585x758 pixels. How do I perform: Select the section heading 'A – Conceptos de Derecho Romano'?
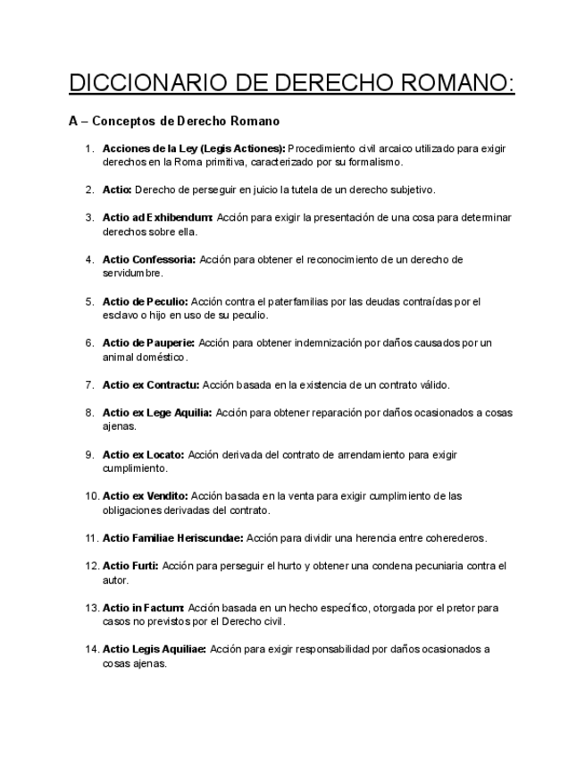174,121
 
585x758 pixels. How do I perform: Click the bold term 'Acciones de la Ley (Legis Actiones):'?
194,148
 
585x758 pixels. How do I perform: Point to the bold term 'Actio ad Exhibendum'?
157,217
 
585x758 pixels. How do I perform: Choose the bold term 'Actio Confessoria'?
149,259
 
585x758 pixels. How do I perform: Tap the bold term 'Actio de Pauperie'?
149,342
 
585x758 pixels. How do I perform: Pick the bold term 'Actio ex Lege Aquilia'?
157,413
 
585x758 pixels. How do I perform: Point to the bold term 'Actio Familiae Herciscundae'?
173,538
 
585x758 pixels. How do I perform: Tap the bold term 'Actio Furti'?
130,566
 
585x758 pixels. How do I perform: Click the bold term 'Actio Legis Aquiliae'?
155,649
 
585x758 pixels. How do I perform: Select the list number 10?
91,496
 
